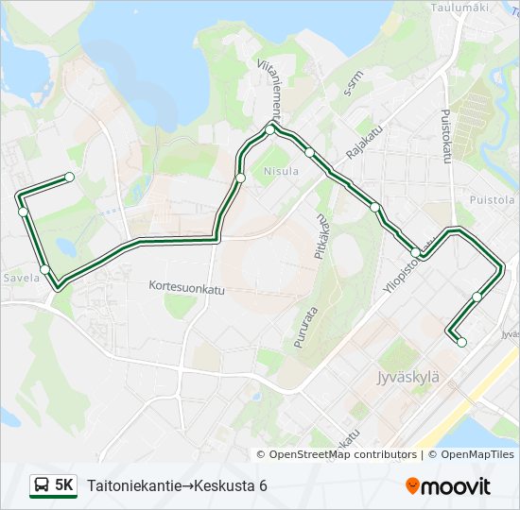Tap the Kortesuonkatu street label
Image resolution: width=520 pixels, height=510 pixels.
click(x=186, y=284)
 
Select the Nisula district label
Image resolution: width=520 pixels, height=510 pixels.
click(x=282, y=171)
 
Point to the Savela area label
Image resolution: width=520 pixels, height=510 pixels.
click(x=22, y=279)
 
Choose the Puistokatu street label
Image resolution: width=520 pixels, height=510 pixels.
click(x=445, y=138)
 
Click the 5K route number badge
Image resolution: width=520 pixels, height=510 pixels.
click(x=64, y=485)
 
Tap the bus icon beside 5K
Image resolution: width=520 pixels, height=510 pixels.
click(x=43, y=485)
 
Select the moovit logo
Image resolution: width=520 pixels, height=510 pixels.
click(x=448, y=486)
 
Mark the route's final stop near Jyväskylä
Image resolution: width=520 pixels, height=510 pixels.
click(x=461, y=342)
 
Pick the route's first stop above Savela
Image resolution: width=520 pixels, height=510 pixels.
click(x=69, y=177)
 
